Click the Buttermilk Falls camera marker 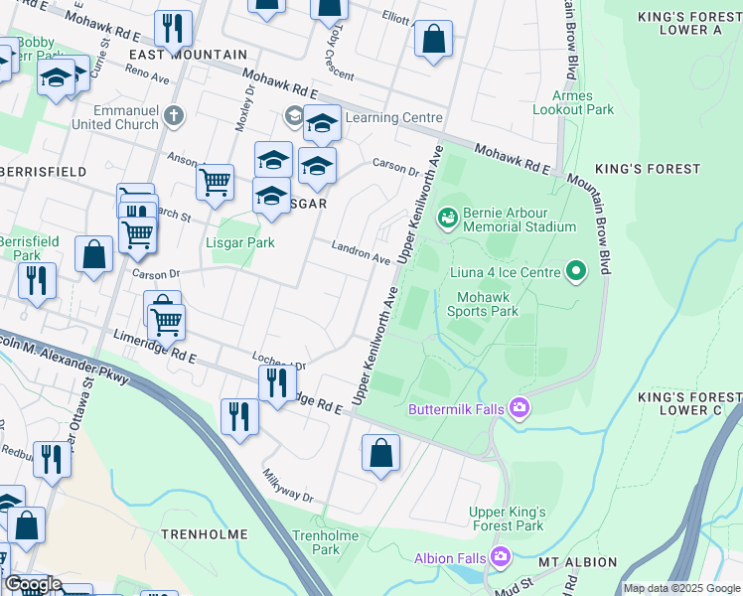point(519,408)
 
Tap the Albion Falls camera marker point(500,557)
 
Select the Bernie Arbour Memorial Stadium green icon point(447,216)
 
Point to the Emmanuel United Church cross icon point(174,115)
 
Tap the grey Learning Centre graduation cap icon point(294,117)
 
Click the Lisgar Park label point(240,242)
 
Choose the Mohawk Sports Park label point(488,304)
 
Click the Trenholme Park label point(316,542)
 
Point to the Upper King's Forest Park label point(508,519)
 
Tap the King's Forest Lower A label point(688,23)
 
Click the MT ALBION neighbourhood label point(578,562)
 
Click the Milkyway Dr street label point(287,485)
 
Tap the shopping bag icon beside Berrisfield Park point(93,254)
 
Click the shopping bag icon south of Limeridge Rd point(380,453)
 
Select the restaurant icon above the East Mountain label point(174,28)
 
